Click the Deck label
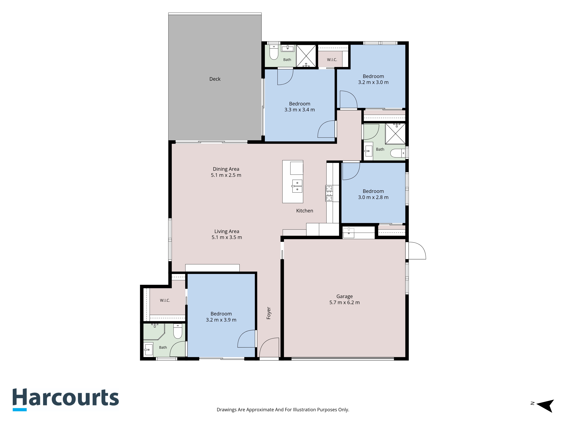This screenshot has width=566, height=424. click(215, 79)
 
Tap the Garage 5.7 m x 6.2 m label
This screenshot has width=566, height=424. click(344, 299)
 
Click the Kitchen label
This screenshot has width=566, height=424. click(305, 211)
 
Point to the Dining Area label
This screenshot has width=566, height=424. click(226, 172)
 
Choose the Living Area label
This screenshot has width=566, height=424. click(227, 234)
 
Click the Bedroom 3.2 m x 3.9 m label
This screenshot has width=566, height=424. click(221, 317)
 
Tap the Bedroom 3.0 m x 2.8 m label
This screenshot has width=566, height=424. click(373, 194)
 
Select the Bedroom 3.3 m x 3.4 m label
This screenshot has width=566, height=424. click(300, 107)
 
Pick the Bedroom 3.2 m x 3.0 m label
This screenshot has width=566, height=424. click(373, 79)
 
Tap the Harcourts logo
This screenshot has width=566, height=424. click(66, 399)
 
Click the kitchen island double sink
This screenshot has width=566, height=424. click(297, 186)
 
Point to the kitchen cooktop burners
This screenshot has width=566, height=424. click(329, 193)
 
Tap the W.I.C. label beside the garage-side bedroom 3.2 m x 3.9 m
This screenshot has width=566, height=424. click(165, 300)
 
